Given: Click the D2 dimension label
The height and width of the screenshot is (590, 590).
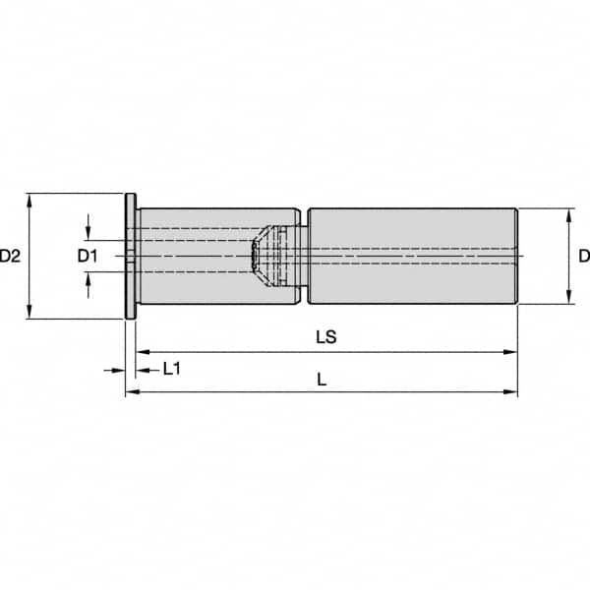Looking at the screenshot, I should point(12,257).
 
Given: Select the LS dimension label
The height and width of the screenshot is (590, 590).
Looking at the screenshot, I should point(326,336).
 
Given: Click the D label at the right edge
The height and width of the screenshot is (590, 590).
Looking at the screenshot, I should point(583,257).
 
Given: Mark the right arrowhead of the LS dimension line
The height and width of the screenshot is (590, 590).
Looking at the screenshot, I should point(511,350).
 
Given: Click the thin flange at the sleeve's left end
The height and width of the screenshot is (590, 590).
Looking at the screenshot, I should point(130,257).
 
